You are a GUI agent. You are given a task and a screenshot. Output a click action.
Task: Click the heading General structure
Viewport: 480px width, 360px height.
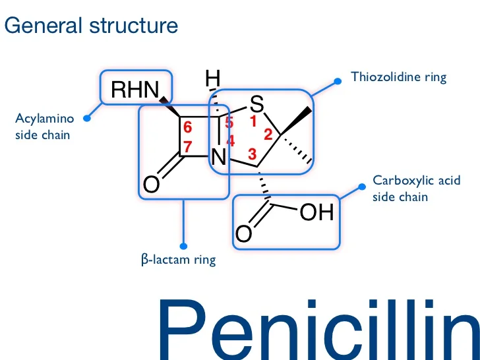click(x=91, y=26)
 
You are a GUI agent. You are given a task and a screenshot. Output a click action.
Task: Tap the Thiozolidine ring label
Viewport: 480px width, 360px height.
click(x=398, y=77)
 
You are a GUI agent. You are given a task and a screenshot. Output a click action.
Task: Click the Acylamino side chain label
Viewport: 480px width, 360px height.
click(x=45, y=127)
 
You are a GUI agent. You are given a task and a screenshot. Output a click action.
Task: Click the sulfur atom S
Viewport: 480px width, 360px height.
click(x=257, y=104)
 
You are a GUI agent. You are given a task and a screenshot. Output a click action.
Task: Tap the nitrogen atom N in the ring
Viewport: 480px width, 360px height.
click(x=219, y=158)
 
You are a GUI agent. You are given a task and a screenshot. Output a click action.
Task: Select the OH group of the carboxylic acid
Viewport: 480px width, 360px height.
click(x=318, y=212)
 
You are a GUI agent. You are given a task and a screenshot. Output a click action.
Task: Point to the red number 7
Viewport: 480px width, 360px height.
click(x=188, y=148)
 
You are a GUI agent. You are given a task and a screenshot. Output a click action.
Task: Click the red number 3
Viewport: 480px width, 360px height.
click(x=251, y=154)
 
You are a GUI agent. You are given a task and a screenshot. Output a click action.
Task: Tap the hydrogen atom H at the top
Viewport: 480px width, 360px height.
click(x=212, y=79)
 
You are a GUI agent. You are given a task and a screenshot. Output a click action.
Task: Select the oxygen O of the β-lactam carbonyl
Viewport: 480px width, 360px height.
click(x=151, y=185)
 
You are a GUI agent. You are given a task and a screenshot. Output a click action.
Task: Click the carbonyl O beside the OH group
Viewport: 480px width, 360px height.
click(x=244, y=233)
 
